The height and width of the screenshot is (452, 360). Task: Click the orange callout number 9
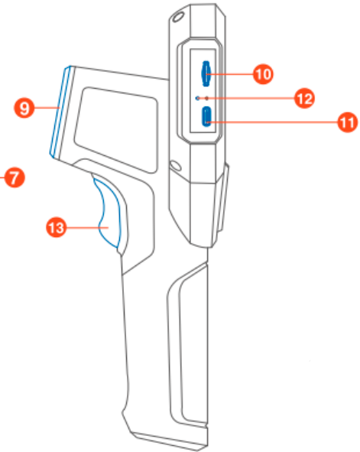[x=24, y=108]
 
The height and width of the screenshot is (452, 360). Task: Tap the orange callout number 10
[x=263, y=74]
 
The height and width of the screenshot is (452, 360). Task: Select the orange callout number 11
[x=347, y=122]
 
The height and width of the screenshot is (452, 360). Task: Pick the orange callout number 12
[x=304, y=99]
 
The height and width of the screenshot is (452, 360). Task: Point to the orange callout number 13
[x=57, y=227]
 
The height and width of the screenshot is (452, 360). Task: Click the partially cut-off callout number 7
[x=15, y=177]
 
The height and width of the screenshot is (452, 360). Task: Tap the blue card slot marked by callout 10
[x=206, y=73]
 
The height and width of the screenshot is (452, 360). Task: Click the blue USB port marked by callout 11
[x=206, y=116]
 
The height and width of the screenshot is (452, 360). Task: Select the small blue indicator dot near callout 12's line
[x=197, y=99]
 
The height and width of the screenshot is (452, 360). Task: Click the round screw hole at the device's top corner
[x=177, y=17]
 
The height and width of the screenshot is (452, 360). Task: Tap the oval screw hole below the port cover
[x=175, y=165]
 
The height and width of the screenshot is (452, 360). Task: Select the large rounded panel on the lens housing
[x=116, y=130]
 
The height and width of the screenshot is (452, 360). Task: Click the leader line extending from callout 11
[x=272, y=122]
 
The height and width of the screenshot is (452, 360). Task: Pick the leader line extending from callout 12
[x=250, y=99]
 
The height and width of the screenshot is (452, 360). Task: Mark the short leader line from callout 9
[x=47, y=108]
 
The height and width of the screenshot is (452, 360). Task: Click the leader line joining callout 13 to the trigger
[x=88, y=228]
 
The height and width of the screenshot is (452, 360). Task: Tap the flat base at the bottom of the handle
[x=170, y=441]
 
